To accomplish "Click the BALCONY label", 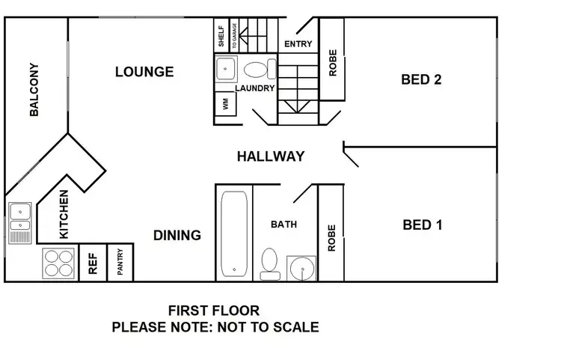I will [34, 90].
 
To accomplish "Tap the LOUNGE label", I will [144, 72].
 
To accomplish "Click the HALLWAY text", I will [271, 156].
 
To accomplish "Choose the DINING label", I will [177, 235].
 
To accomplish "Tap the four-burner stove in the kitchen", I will [60, 263].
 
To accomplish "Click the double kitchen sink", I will [19, 216].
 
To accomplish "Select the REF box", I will [93, 263].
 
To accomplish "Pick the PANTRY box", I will [120, 263].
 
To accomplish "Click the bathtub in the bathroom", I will [235, 233].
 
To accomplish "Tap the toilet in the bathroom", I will [270, 263].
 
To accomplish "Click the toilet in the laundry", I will [256, 71].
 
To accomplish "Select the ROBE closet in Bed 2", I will [333, 63].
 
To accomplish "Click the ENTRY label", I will [298, 44].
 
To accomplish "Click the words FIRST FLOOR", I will [214, 311].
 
